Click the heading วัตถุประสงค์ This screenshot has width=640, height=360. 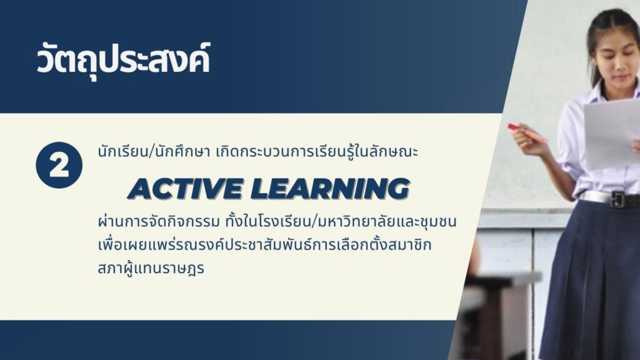123,61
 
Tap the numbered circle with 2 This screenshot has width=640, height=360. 59,165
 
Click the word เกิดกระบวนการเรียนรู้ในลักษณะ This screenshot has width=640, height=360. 317,152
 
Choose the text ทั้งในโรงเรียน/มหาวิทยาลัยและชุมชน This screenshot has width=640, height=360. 341,222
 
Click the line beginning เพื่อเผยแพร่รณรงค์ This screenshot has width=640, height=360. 264,245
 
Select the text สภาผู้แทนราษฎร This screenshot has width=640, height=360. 151,269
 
